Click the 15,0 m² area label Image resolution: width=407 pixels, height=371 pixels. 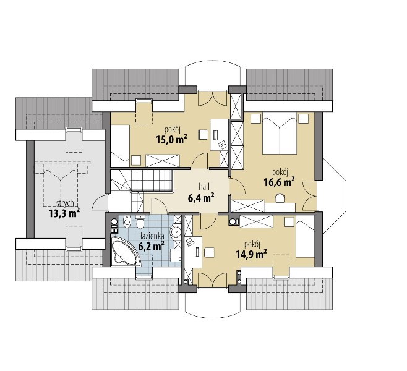pos(171,140)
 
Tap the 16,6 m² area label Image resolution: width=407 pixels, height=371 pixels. pos(279,182)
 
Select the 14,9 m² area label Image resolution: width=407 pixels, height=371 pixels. pos(252,254)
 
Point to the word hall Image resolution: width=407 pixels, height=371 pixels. pos(204,187)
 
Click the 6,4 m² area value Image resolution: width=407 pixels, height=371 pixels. pos(200,198)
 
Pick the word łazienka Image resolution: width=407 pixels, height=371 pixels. pos(152,236)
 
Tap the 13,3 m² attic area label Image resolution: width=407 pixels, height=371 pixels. pos(64,213)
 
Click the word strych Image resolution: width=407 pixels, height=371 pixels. pos(64,203)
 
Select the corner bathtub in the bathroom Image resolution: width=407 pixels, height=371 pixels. pos(124,250)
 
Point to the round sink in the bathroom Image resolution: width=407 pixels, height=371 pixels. pos(176,231)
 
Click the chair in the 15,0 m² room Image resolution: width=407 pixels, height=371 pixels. pos(204,135)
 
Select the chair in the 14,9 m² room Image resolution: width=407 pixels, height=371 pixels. pos(209,252)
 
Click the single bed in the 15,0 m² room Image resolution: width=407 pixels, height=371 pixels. pos(120,145)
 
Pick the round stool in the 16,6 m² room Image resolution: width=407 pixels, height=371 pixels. pos(280,198)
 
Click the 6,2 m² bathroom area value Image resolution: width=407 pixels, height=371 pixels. pos(151,245)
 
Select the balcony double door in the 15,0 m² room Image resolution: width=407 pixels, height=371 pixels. pos(212,99)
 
